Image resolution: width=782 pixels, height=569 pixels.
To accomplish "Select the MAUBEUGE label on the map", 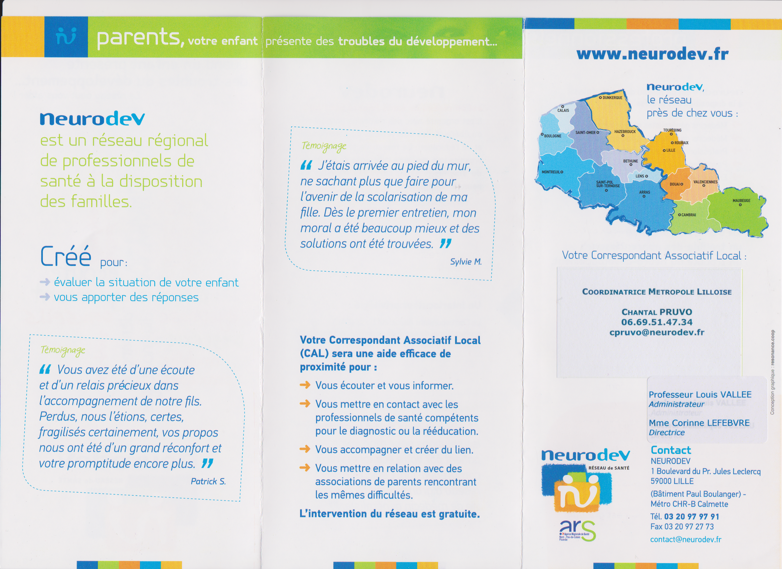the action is pos(741,200).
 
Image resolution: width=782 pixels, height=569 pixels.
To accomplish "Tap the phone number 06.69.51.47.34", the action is pos(657,322).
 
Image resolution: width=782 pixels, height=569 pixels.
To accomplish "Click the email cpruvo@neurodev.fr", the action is pos(657,332).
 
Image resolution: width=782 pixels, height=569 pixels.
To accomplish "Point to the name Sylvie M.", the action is pos(466,262).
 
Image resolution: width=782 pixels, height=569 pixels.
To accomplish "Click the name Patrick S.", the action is pos(208,481).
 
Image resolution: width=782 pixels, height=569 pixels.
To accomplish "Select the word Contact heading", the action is pos(671,450).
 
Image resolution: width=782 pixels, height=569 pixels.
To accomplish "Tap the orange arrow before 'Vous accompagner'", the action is pos(305,449).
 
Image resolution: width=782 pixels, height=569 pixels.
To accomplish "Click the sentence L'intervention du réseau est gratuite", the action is pos(390,514).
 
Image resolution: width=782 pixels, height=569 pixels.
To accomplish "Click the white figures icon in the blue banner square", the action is pos(66,37).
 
